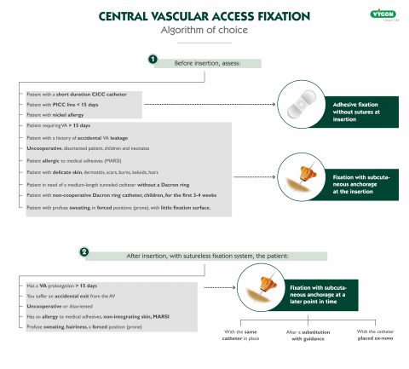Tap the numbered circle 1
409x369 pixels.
(x=153, y=60)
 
